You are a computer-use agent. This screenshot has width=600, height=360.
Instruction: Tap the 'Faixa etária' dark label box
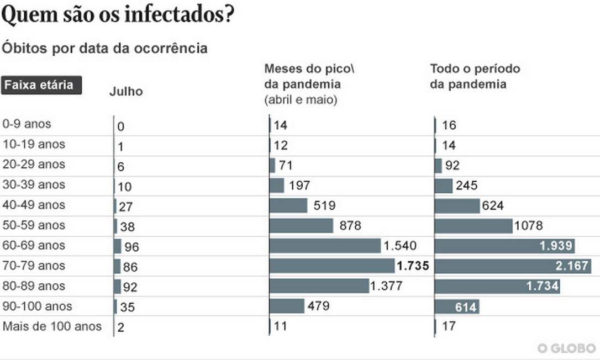(x=41, y=86)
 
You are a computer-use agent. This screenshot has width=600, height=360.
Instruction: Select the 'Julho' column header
(x=126, y=92)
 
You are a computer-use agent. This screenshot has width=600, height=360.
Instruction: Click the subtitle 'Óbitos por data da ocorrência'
(x=105, y=49)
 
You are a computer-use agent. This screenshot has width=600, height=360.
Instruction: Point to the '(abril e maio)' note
(x=301, y=100)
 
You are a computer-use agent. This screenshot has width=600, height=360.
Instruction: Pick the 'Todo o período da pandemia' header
(x=475, y=77)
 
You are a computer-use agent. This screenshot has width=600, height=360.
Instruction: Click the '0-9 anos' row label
(x=27, y=124)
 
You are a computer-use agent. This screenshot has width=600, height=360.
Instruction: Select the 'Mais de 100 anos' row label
(x=52, y=326)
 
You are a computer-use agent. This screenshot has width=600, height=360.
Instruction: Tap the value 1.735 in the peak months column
(x=413, y=266)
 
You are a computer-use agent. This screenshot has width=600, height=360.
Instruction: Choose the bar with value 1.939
(x=504, y=246)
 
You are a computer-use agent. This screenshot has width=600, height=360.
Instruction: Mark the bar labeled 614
(x=457, y=307)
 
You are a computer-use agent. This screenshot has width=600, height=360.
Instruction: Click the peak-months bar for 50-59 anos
(x=302, y=225)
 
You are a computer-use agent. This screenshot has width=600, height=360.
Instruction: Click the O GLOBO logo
(x=567, y=348)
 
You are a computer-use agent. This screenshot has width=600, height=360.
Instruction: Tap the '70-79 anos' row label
(x=34, y=266)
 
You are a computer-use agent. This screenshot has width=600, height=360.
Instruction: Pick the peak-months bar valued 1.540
(x=325, y=246)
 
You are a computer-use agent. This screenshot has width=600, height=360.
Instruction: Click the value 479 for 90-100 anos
(x=319, y=306)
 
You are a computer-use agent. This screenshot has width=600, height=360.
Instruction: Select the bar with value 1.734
(x=497, y=286)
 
